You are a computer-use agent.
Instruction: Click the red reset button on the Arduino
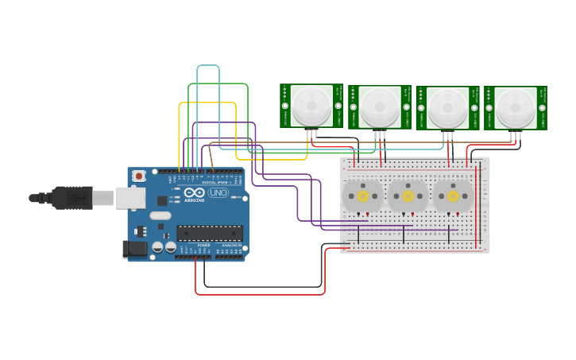click(139, 176)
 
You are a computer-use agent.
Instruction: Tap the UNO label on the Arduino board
click(218, 193)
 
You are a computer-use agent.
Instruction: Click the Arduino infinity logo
click(195, 193)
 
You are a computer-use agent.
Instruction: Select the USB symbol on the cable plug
click(75, 197)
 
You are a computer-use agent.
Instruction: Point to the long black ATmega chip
click(210, 233)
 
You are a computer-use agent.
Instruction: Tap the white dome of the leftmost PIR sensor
click(311, 106)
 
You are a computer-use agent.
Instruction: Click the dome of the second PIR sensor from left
click(379, 106)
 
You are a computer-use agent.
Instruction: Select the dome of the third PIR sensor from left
click(447, 107)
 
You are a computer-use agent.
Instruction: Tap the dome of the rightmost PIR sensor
click(516, 107)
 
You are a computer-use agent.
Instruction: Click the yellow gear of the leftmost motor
click(362, 196)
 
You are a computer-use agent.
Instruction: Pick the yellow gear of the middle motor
click(408, 196)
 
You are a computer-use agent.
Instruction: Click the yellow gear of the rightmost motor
click(453, 196)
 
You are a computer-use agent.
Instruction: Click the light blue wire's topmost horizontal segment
click(208, 66)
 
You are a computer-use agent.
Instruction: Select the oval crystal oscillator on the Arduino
click(160, 215)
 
